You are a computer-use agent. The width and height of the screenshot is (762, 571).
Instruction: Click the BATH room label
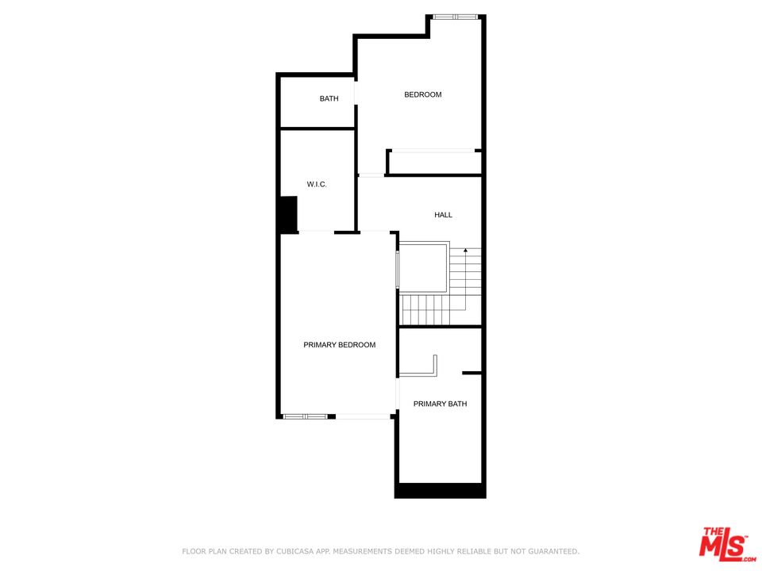pyautogui.click(x=329, y=98)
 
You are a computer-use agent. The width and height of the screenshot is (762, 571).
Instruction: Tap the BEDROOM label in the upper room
pyautogui.click(x=423, y=94)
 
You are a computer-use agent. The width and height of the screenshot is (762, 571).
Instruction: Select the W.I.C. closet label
pyautogui.click(x=317, y=185)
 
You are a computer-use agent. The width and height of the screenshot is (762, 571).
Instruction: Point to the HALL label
pyautogui.click(x=443, y=215)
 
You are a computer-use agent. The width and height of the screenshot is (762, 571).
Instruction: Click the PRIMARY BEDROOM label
pyautogui.click(x=339, y=345)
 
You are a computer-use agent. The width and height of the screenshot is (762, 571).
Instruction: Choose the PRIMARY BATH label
pyautogui.click(x=441, y=404)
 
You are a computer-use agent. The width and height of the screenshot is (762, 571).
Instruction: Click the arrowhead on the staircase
pyautogui.click(x=466, y=251)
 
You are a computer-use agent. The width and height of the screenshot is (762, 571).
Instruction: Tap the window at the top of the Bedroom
pyautogui.click(x=454, y=17)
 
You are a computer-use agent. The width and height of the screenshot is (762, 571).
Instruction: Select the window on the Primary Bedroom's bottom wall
pyautogui.click(x=305, y=416)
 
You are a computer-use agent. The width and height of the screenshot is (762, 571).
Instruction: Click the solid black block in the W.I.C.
pyautogui.click(x=289, y=214)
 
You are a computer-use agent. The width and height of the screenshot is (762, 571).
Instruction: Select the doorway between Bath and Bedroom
pyautogui.click(x=356, y=93)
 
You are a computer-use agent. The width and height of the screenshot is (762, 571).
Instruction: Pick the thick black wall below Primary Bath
pyautogui.click(x=441, y=491)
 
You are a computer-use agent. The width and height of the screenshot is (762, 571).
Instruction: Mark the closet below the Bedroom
pyautogui.click(x=434, y=163)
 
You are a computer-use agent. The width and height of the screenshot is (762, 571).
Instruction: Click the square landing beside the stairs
pyautogui.click(x=423, y=268)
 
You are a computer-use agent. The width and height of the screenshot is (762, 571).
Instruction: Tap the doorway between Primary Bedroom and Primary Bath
pyautogui.click(x=397, y=394)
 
